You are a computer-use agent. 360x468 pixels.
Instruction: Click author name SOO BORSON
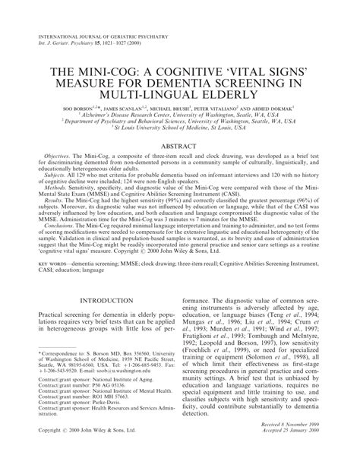coord(84,109)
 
